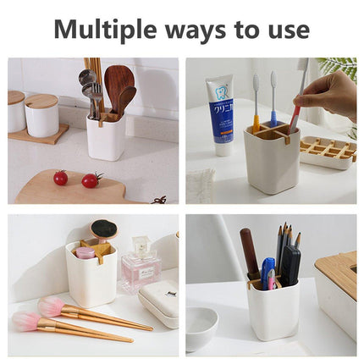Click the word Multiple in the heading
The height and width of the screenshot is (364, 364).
pyautogui.click(x=105, y=30)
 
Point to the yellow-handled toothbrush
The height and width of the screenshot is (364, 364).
pyautogui.click(x=256, y=103)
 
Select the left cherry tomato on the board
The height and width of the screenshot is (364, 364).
pyautogui.click(x=61, y=178)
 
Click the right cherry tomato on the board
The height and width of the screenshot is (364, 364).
pyautogui.click(x=91, y=180)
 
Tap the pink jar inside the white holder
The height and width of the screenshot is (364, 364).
pyautogui.click(x=84, y=252)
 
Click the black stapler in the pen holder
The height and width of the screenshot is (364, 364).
pyautogui.click(x=290, y=265)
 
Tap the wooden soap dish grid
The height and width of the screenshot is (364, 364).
pyautogui.click(x=328, y=148)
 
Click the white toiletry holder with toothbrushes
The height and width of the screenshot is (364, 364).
pyautogui.click(x=272, y=159)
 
